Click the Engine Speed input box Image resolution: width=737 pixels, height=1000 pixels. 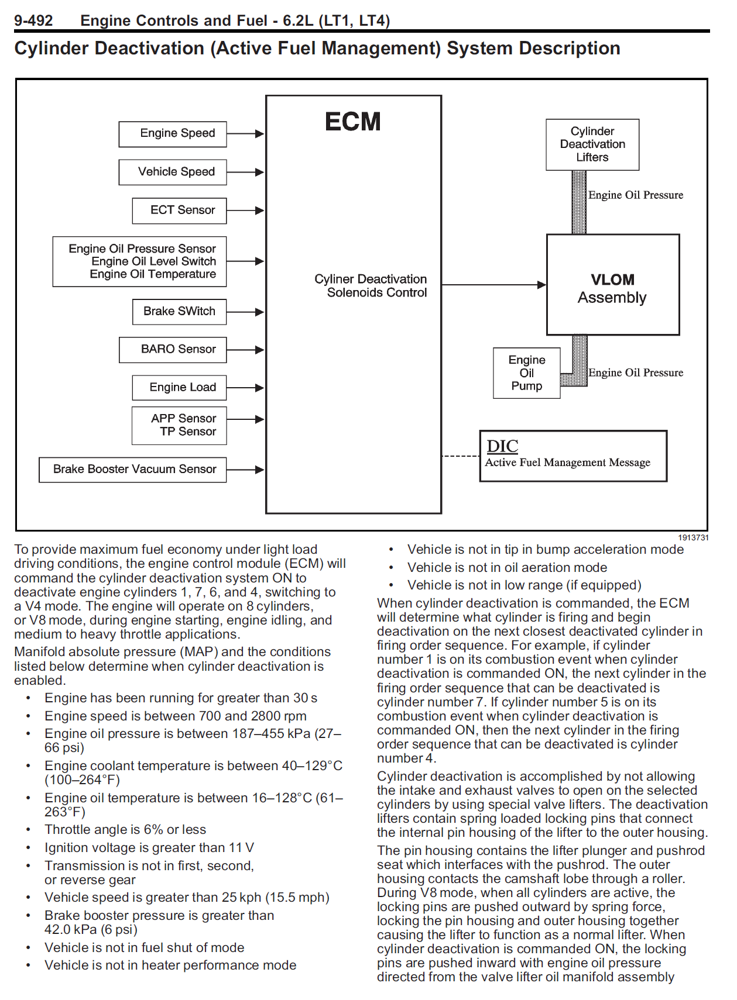coord(173,134)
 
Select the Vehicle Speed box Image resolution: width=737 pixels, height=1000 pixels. coord(173,172)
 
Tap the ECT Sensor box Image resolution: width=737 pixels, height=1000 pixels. coord(179,211)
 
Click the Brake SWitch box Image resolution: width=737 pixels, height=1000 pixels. coord(179,312)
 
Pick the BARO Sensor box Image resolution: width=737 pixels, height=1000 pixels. coord(173,350)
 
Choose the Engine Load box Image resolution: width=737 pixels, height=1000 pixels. coord(179,388)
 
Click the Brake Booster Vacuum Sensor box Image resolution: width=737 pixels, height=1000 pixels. coord(133,470)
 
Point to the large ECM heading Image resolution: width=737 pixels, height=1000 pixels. coord(352,122)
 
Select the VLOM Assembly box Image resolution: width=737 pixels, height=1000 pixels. coord(612,285)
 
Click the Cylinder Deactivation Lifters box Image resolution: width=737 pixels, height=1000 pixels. coord(592,144)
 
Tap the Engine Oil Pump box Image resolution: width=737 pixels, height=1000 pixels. coord(526,373)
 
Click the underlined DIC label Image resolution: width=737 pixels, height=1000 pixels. coord(502,446)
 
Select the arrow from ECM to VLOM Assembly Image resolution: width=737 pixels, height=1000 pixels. coord(493,285)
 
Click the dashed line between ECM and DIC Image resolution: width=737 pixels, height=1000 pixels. coord(460,456)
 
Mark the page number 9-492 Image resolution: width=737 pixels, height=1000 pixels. coord(33,20)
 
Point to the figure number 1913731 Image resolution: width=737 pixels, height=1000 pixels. coord(693,537)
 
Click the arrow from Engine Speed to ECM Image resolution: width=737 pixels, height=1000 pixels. coord(245,134)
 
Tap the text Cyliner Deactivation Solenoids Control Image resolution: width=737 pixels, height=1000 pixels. coord(371,286)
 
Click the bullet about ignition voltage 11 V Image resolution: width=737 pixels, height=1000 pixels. coord(149,847)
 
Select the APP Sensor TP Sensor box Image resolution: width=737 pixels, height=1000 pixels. coord(179,426)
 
